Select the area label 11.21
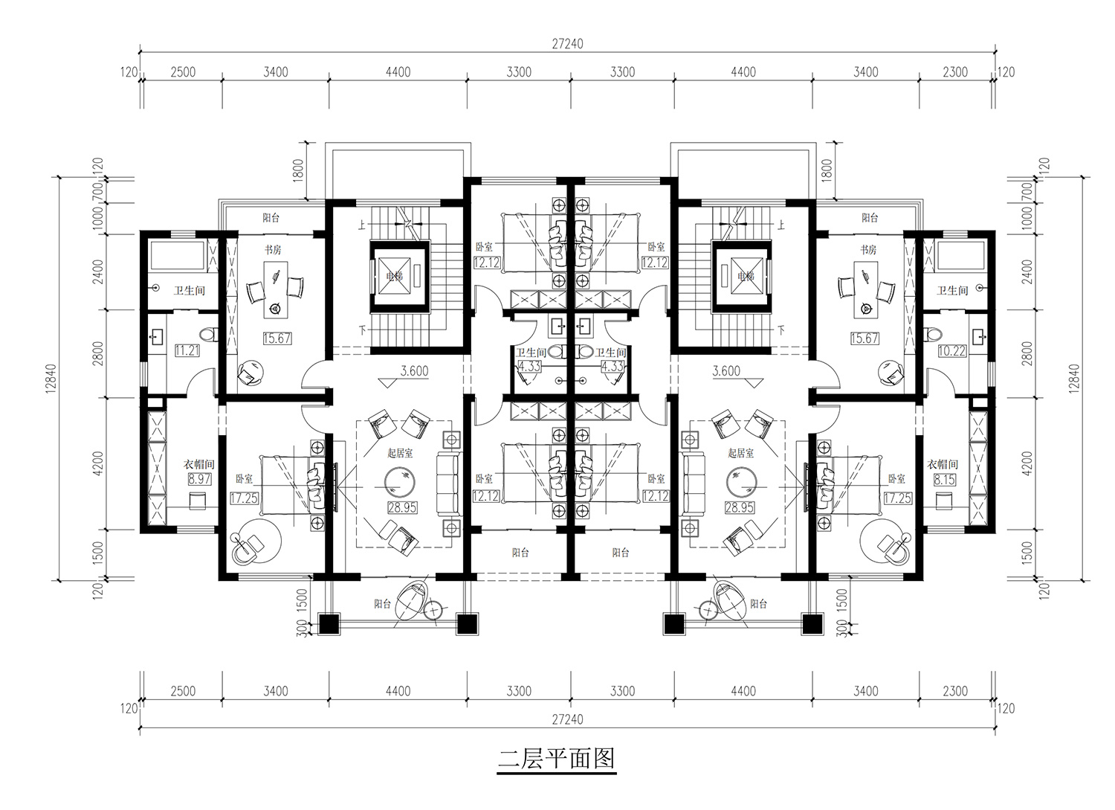(x=187, y=350)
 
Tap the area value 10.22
(x=951, y=351)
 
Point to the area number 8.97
(x=199, y=479)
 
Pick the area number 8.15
(x=944, y=480)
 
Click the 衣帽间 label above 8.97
(x=198, y=464)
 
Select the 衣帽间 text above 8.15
(x=943, y=464)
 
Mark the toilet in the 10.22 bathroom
(x=932, y=334)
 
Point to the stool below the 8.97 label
(x=198, y=501)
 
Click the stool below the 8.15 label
(x=944, y=501)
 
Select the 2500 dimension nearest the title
(x=183, y=691)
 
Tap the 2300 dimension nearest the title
(x=954, y=691)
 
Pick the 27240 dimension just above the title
(x=567, y=719)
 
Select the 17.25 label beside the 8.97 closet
(x=244, y=498)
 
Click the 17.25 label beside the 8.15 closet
(x=897, y=498)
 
